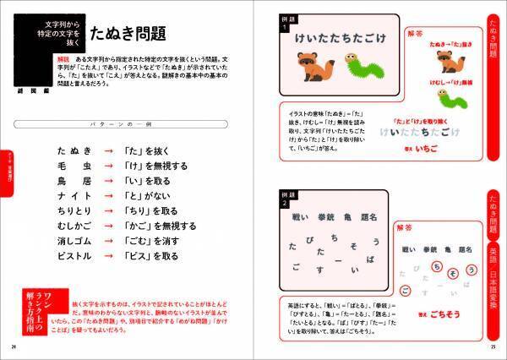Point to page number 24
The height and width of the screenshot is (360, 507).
point(14,344)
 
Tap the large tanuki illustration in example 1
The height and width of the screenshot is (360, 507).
point(310,66)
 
